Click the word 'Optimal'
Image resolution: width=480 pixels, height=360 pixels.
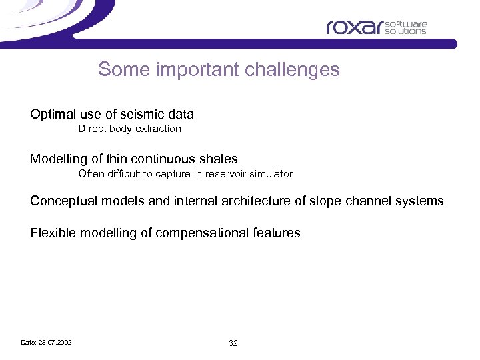pyautogui.click(x=53, y=114)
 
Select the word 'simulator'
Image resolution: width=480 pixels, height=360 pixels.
pyautogui.click(x=270, y=174)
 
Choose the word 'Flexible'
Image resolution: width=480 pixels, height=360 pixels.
pyautogui.click(x=53, y=233)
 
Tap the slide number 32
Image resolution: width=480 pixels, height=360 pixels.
pyautogui.click(x=233, y=343)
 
